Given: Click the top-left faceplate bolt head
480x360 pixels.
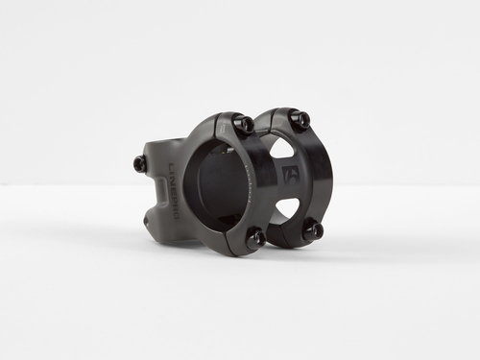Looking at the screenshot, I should click(245, 124).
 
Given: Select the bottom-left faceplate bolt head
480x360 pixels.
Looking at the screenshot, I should click(257, 238).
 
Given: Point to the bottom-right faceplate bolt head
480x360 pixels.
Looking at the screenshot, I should click(313, 229).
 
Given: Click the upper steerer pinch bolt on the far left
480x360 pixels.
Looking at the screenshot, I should click(140, 164).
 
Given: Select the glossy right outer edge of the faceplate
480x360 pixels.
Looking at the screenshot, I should click(327, 178).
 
